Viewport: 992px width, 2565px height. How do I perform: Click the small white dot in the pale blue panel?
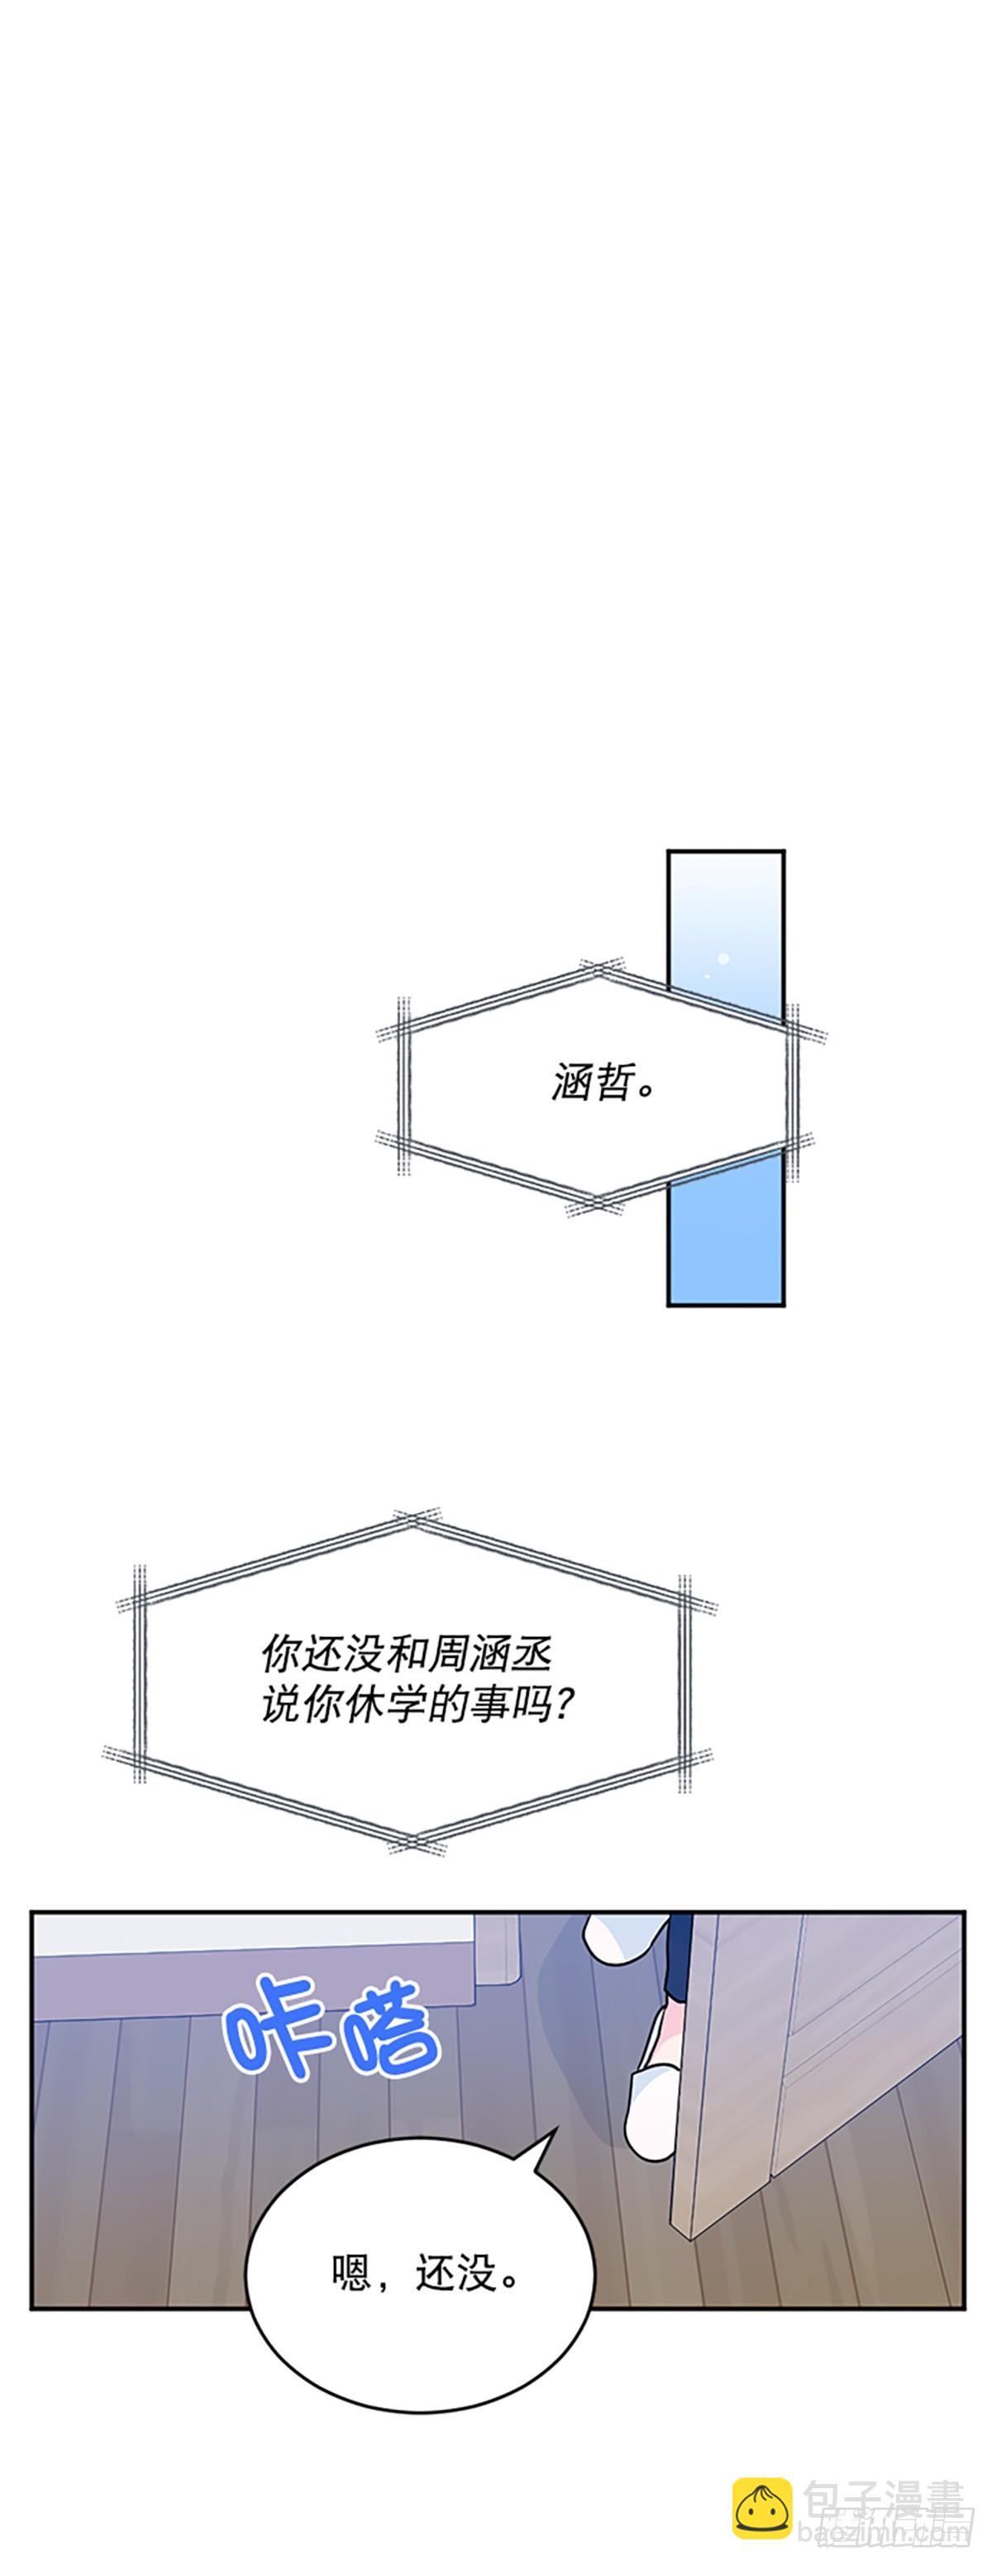coord(724,959)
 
